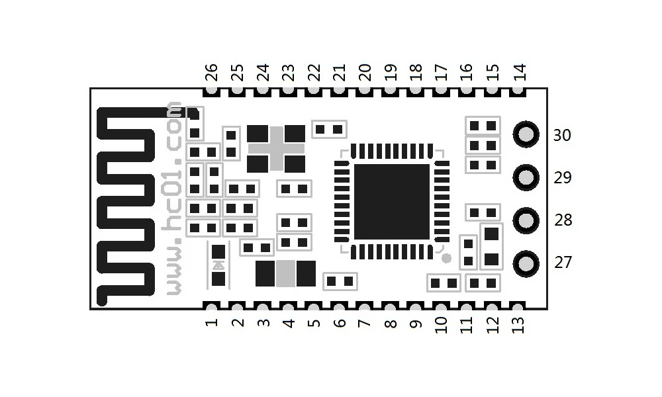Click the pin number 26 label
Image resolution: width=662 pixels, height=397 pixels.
tap(211, 71)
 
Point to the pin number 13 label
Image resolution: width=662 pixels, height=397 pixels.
tap(518, 325)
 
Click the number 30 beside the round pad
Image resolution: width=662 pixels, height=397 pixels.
tap(562, 136)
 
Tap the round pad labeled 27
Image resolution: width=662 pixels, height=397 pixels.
tap(527, 263)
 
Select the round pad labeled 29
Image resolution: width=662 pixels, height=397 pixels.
tap(527, 177)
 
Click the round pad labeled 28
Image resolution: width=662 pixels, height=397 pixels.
tap(527, 219)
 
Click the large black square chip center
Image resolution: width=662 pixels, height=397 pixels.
tap(391, 202)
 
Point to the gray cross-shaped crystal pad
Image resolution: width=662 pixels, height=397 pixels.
tap(276, 148)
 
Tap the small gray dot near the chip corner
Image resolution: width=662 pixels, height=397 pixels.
tap(446, 257)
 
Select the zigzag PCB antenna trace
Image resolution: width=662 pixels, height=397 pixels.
tap(126, 205)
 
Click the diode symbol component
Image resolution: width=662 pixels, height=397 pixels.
tap(218, 265)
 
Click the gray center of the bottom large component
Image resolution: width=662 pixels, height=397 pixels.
tap(286, 273)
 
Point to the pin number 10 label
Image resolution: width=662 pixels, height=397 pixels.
tap(442, 324)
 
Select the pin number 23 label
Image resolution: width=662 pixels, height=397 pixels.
tap(288, 71)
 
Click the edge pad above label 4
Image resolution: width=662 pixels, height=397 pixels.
tap(288, 307)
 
